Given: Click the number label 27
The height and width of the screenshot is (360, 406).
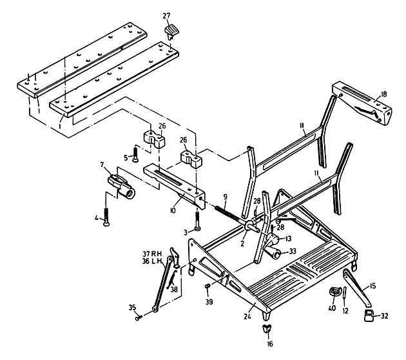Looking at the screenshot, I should (166, 15).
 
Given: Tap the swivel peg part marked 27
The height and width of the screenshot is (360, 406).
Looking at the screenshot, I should (172, 30).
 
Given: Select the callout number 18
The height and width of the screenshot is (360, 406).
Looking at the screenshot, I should (383, 95).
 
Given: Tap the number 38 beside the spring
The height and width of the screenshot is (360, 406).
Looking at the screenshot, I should (174, 290).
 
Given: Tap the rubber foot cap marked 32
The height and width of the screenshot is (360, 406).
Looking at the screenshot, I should (369, 314).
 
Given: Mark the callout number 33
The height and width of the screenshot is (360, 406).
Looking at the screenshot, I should (292, 252).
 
